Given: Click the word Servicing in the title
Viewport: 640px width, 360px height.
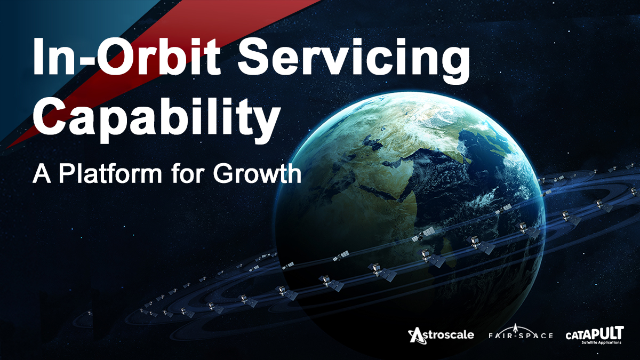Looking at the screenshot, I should [x=349, y=59].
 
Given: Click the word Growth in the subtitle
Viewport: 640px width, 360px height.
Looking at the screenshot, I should [x=255, y=174].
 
